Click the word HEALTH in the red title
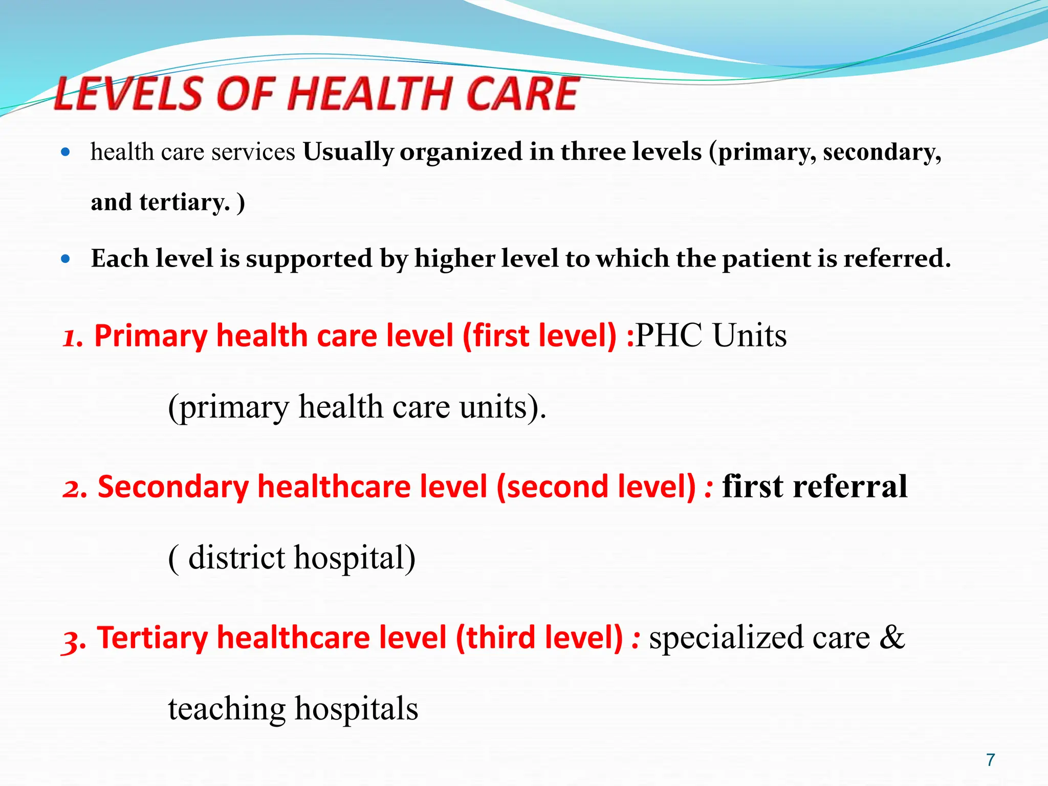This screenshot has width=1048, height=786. point(371,94)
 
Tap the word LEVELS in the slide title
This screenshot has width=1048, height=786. point(128,94)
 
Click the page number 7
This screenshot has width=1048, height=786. point(991,760)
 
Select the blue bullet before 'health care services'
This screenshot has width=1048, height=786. point(65,152)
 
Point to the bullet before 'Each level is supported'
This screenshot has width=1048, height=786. point(65,259)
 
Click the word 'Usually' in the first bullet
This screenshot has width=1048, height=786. point(348,152)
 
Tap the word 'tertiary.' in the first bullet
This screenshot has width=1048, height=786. point(184,202)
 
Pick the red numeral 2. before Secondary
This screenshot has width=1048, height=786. point(75,488)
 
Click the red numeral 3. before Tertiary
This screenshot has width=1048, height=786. point(74,639)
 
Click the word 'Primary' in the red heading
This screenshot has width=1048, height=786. point(150,336)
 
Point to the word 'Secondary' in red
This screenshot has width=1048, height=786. point(173,487)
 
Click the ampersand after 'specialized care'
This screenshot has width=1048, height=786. point(892,638)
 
